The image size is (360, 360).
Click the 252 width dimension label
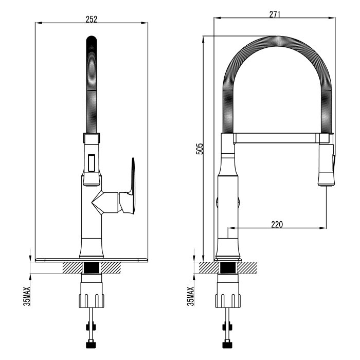[92, 19]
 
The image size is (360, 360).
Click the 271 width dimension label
[275, 14]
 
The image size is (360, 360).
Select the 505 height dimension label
[200, 149]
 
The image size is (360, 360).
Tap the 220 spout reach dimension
[277, 224]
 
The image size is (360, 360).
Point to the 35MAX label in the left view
[27, 296]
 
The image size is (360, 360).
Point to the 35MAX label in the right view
[191, 296]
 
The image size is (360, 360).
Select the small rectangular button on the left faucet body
[92, 163]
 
